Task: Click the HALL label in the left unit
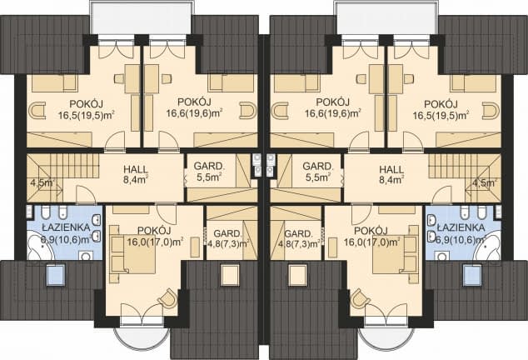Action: point(136,169)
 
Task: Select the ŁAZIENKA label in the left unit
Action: point(66,227)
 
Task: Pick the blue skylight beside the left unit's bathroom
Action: point(55,276)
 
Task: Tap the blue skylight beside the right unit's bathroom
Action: point(472,276)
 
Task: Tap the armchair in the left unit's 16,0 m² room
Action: point(167,298)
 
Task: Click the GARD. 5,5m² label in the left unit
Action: point(209,171)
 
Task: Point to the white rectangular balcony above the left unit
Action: point(142,17)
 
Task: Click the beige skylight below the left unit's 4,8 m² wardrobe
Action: point(231,275)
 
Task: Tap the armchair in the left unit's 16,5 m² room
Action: point(37,111)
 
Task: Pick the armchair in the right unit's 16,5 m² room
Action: point(491,111)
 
